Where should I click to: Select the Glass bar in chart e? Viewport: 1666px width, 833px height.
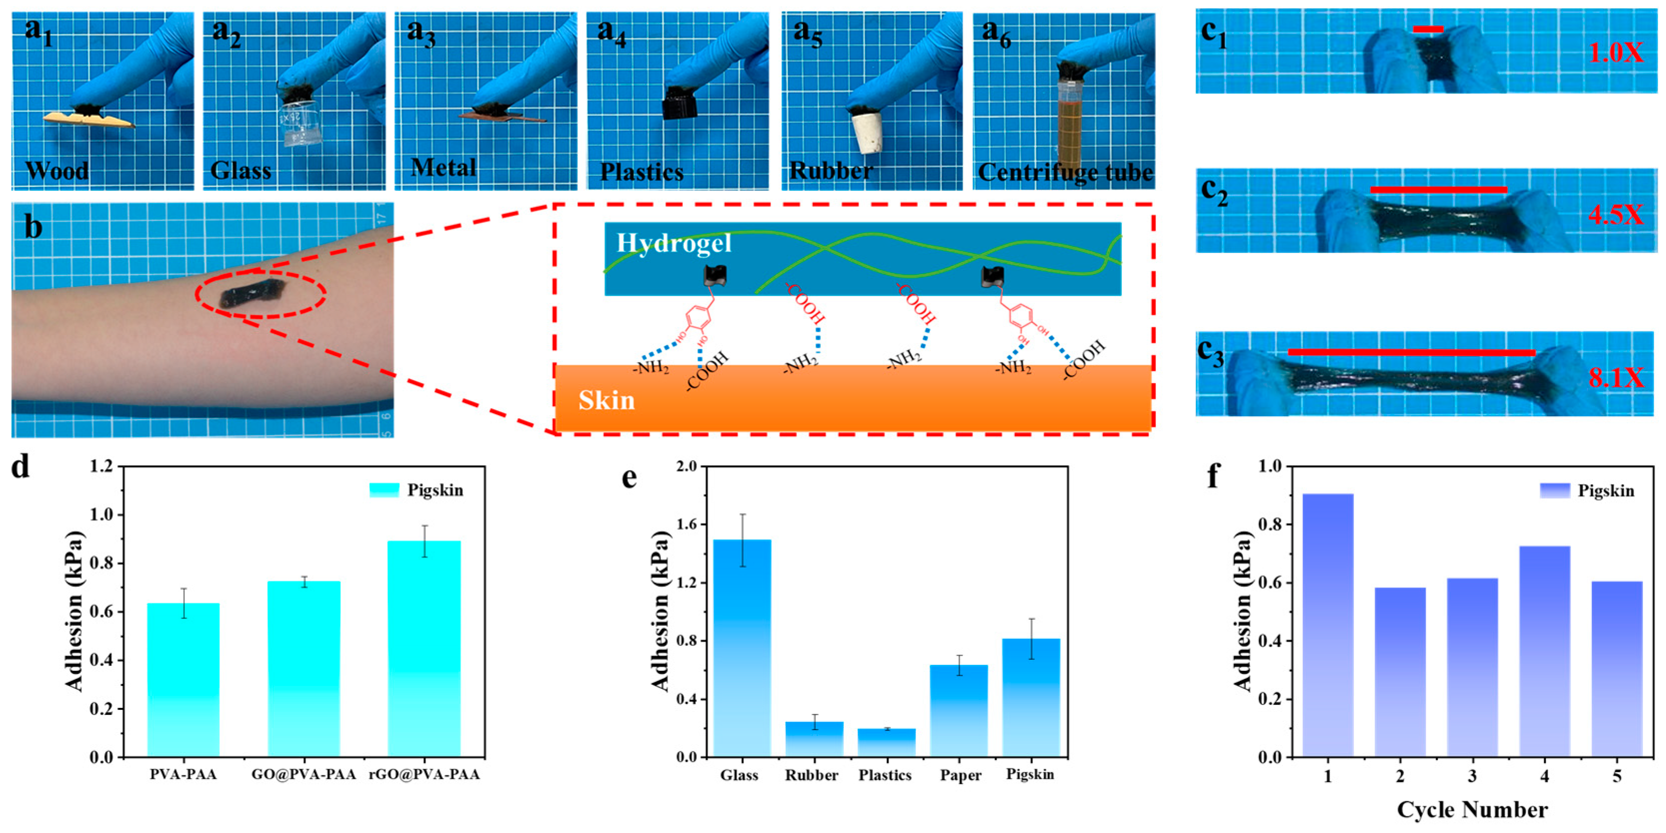pyautogui.click(x=739, y=648)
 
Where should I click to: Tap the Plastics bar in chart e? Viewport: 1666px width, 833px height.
pyautogui.click(x=885, y=742)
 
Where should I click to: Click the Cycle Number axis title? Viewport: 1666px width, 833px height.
pyautogui.click(x=1472, y=809)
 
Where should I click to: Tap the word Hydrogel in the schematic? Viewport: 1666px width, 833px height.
pyautogui.click(x=673, y=243)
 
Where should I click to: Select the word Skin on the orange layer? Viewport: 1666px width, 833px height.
pyautogui.click(x=606, y=401)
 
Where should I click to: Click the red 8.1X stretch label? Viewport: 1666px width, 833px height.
pyautogui.click(x=1615, y=377)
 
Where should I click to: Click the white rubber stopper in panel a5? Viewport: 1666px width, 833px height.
pyautogui.click(x=868, y=133)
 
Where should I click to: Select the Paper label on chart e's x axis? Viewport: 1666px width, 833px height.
pyautogui.click(x=960, y=775)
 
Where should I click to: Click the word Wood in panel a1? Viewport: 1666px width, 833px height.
pyautogui.click(x=57, y=171)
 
